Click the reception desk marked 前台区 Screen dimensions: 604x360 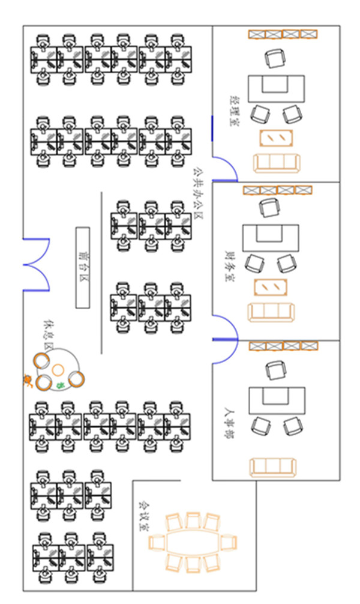(83, 267)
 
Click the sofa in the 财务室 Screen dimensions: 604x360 (271, 312)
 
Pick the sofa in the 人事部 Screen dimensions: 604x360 (273, 467)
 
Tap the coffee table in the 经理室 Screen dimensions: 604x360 (276, 137)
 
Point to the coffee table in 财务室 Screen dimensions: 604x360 (270, 288)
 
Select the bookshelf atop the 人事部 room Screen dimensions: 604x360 (283, 346)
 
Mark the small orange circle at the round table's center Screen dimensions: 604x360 (58, 369)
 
